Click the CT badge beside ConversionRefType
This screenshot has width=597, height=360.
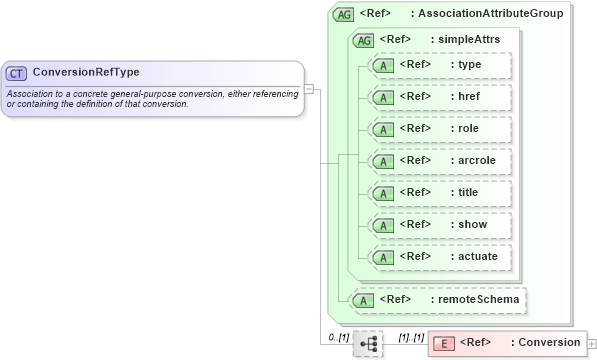point(17,73)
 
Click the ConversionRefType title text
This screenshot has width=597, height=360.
point(86,73)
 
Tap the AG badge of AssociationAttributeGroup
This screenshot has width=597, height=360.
point(344,14)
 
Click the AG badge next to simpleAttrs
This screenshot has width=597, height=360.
point(364,39)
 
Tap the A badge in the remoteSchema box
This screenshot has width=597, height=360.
point(367,298)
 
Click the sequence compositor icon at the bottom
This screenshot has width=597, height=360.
point(369,343)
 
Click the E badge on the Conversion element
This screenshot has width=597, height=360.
point(446,343)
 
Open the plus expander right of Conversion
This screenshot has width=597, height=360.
point(592,343)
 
